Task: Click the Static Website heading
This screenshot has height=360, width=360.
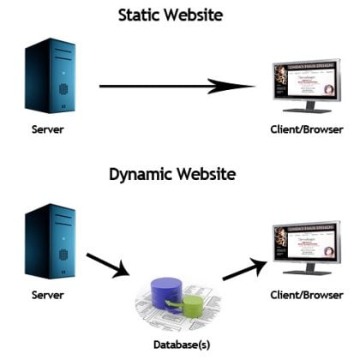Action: [x=180, y=15]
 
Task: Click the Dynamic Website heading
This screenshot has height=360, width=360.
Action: [x=179, y=175]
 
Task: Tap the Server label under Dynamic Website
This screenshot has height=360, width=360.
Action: [x=49, y=294]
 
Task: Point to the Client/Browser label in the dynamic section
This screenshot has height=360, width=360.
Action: [x=306, y=294]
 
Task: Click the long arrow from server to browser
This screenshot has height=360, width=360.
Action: [x=171, y=86]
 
